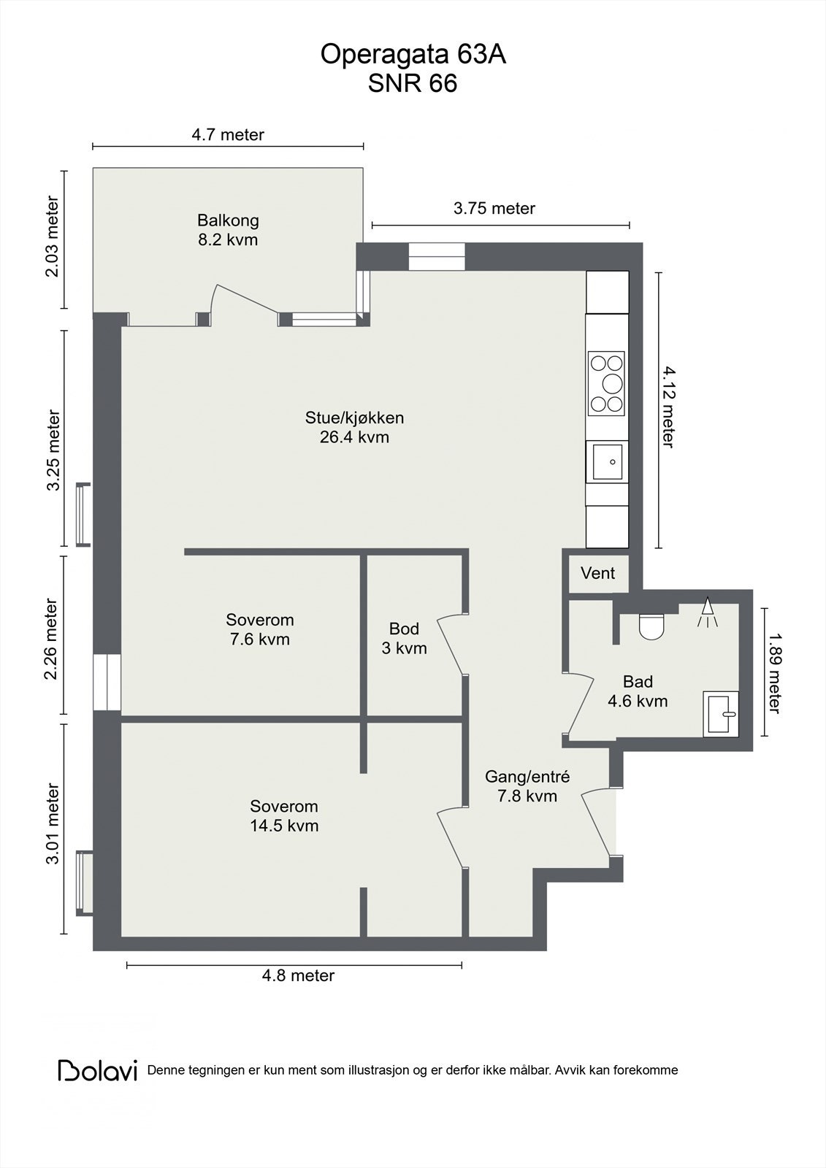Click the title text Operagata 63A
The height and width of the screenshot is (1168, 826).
(413, 55)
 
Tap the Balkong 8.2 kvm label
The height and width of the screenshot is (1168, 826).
(228, 229)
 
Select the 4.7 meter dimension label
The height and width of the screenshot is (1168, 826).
(228, 134)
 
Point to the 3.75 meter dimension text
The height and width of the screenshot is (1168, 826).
(494, 208)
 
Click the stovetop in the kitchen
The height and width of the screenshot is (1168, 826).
(607, 383)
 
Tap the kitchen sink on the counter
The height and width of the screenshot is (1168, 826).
(607, 461)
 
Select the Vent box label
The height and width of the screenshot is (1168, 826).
(597, 573)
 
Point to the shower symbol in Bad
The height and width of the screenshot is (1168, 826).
(707, 613)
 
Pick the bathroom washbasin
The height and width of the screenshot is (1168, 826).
(721, 713)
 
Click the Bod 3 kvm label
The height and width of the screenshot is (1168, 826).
(404, 638)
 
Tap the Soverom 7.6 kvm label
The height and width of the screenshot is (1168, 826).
(259, 629)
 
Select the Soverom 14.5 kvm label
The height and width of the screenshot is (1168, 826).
(284, 815)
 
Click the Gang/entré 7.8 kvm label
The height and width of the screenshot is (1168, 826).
(527, 786)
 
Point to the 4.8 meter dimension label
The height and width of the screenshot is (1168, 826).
(298, 975)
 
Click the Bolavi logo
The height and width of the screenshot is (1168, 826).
(98, 1070)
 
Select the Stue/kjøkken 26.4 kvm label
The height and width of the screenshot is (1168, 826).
(354, 427)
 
